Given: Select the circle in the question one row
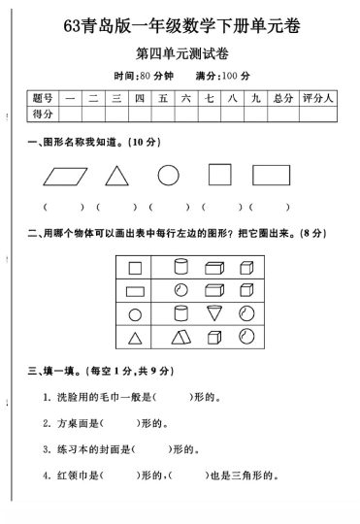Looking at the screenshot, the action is tap(169, 176).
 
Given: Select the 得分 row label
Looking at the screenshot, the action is tap(43, 115).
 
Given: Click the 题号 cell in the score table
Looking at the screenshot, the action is tap(43, 98).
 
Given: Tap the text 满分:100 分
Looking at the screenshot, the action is tap(222, 75).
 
